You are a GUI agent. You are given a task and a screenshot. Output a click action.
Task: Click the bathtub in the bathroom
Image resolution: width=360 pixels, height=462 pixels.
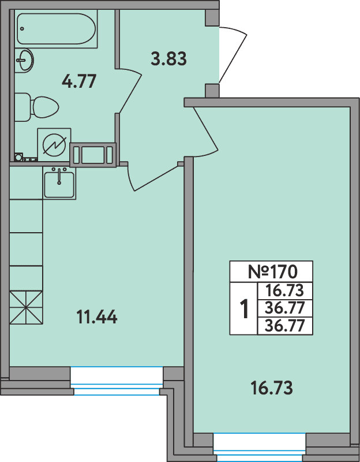coord(57,29)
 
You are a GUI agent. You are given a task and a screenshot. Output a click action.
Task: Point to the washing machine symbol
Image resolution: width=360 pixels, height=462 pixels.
coord(54,143)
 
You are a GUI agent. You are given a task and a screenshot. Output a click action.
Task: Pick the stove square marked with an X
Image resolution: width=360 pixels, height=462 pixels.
coord(26,307)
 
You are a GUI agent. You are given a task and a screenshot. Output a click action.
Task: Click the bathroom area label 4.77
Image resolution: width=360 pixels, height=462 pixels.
coord(78,81)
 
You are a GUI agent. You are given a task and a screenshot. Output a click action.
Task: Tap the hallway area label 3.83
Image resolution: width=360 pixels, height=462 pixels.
coord(168,58)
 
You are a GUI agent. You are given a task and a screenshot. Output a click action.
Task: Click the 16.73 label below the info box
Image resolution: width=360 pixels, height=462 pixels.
coord(272,388)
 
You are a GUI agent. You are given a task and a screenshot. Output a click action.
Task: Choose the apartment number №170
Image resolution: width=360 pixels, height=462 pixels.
coord(271,270)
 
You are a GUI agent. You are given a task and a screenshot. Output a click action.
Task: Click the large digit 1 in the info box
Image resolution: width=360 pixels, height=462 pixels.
coord(244,309)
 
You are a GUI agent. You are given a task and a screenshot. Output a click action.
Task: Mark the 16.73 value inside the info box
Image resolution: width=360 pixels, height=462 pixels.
coord(284,290)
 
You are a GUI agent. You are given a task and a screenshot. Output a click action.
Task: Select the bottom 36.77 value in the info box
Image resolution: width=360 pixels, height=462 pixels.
coord(284,326)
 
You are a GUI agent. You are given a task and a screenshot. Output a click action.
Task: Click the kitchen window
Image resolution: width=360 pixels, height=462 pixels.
coord(117,382)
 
